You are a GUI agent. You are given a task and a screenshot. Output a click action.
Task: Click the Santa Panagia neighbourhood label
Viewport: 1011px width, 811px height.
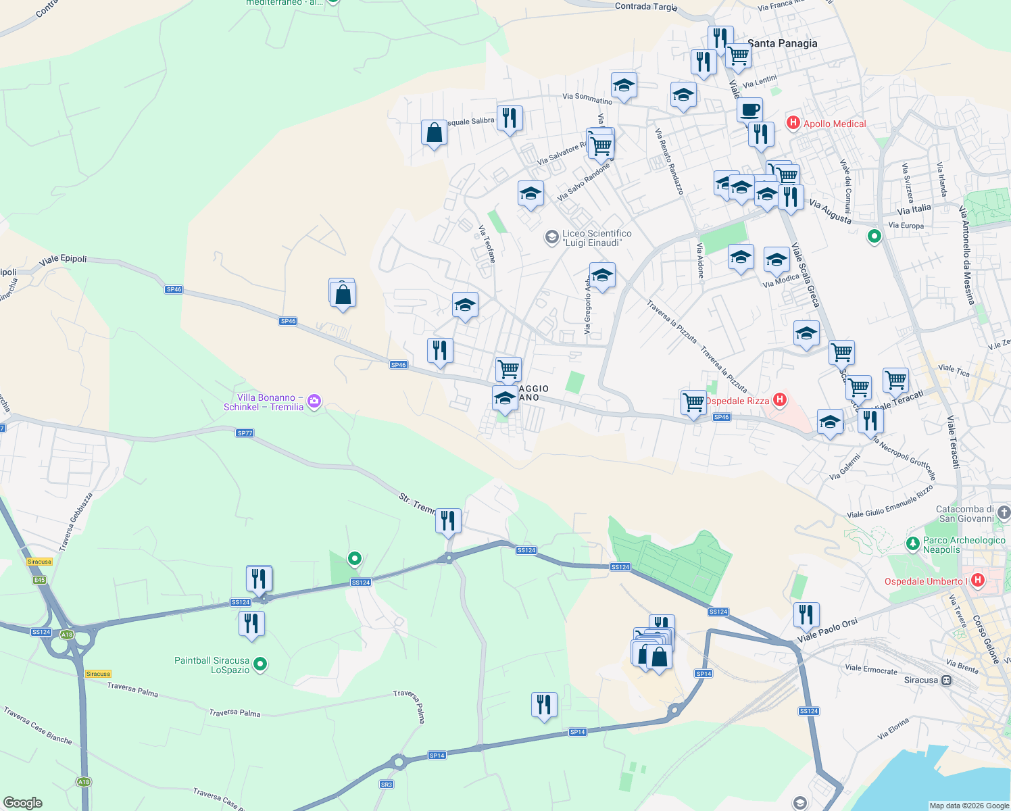point(782,43)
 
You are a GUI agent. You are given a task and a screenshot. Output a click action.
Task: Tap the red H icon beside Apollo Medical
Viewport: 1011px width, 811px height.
point(793,123)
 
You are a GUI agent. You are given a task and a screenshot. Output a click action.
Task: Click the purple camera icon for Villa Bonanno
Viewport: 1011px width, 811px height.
point(314,402)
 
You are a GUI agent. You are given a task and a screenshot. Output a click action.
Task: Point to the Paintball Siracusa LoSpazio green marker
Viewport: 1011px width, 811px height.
point(260,664)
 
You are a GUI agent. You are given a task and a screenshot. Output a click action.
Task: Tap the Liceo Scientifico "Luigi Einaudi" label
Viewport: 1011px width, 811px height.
point(597,238)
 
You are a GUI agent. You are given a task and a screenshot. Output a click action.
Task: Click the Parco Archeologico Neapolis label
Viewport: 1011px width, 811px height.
point(964,545)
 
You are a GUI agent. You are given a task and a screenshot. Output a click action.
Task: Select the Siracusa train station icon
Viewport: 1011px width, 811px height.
point(947,680)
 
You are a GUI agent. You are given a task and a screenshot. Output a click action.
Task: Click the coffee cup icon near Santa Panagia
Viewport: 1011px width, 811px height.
point(749,109)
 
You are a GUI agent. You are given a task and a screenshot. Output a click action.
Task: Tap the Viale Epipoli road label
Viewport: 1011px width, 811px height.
point(63,260)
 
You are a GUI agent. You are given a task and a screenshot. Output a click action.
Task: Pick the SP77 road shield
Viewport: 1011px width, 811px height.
point(245,433)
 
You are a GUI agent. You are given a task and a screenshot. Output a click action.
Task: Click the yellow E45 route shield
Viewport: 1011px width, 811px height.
point(39,580)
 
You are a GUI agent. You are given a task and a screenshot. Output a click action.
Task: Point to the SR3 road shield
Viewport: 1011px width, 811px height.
point(386,784)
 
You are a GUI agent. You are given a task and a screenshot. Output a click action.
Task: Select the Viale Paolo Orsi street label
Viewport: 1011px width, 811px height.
point(827,631)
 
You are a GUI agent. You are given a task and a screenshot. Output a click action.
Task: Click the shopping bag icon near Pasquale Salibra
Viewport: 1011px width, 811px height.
point(434,132)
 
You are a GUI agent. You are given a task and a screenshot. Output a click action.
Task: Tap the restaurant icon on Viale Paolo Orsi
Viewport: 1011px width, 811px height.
point(806,614)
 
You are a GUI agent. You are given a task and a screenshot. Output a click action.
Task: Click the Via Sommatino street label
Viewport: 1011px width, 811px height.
point(587,99)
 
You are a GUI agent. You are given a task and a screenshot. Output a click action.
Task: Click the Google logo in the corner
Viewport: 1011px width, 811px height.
point(23,802)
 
